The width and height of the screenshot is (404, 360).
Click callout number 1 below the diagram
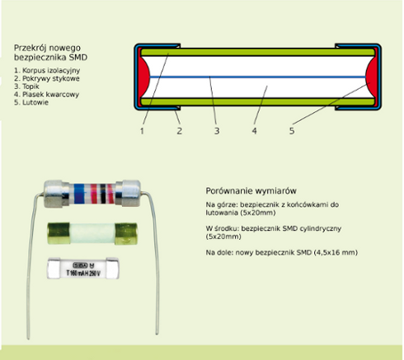coord(142,131)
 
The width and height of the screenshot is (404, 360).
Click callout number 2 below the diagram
coord(179,131)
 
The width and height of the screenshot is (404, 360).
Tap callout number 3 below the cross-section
coord(217,131)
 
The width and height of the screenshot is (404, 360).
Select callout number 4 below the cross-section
coord(254,131)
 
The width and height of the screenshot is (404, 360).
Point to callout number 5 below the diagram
coord(292,131)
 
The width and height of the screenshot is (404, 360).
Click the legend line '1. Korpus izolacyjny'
coord(47,71)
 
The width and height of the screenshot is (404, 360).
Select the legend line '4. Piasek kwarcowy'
coord(46,95)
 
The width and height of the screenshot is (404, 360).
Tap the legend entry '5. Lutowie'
coord(31,102)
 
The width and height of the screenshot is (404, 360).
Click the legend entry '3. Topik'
coord(26,86)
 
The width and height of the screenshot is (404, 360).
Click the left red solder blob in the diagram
coord(144,77)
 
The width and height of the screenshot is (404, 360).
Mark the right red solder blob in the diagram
coord(372,77)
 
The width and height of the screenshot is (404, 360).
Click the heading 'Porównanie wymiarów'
coord(251,191)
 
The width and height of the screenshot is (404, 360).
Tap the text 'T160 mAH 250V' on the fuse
coord(83,273)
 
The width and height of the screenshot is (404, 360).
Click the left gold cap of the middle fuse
coord(59,233)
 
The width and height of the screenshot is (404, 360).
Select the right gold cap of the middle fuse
coord(126,234)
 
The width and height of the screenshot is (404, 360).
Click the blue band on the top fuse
coord(79,194)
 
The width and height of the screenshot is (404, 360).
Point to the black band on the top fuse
coord(103,194)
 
